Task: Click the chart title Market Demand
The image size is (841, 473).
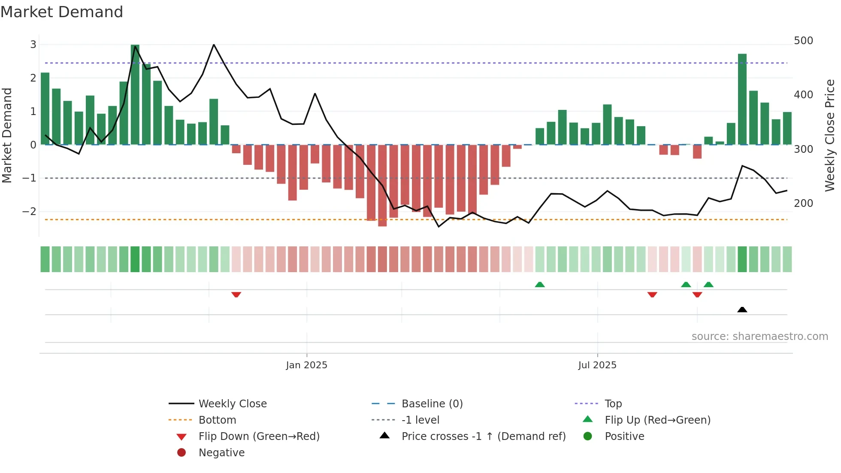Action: click(x=62, y=12)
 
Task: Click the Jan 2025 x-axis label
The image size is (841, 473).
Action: click(x=306, y=365)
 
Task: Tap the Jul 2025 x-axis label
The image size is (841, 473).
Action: click(x=597, y=365)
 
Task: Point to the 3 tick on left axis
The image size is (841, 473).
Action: click(x=33, y=44)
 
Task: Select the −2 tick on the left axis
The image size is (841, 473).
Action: click(x=29, y=212)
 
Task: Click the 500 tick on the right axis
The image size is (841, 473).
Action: click(x=803, y=41)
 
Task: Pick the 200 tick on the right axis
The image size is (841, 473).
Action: click(x=803, y=203)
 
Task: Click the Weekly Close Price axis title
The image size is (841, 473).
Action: click(x=830, y=135)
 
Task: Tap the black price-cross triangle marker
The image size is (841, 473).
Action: click(x=742, y=309)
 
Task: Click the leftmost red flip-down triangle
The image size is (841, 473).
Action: click(x=236, y=294)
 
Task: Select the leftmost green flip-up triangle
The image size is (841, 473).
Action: click(x=540, y=285)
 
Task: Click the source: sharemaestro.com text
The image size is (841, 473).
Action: click(x=759, y=337)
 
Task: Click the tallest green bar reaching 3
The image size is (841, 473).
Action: click(x=135, y=94)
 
